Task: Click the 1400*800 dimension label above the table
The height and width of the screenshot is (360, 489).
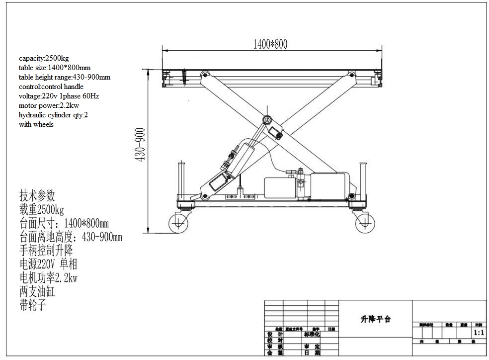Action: tap(270, 44)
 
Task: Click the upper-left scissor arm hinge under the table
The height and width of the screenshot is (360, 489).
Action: tap(204, 75)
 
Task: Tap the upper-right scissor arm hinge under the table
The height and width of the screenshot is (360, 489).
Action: tap(352, 75)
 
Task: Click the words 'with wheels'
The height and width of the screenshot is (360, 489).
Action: tap(36, 124)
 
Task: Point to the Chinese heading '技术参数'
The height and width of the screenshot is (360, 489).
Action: tap(37, 195)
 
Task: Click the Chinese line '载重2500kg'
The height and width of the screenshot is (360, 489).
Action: tap(42, 209)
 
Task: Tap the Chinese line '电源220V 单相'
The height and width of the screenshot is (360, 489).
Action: tap(48, 264)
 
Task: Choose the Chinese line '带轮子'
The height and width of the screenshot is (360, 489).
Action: tap(33, 305)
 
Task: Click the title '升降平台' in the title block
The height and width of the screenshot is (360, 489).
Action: tap(375, 319)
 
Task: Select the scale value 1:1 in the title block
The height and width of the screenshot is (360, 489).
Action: tap(479, 333)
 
